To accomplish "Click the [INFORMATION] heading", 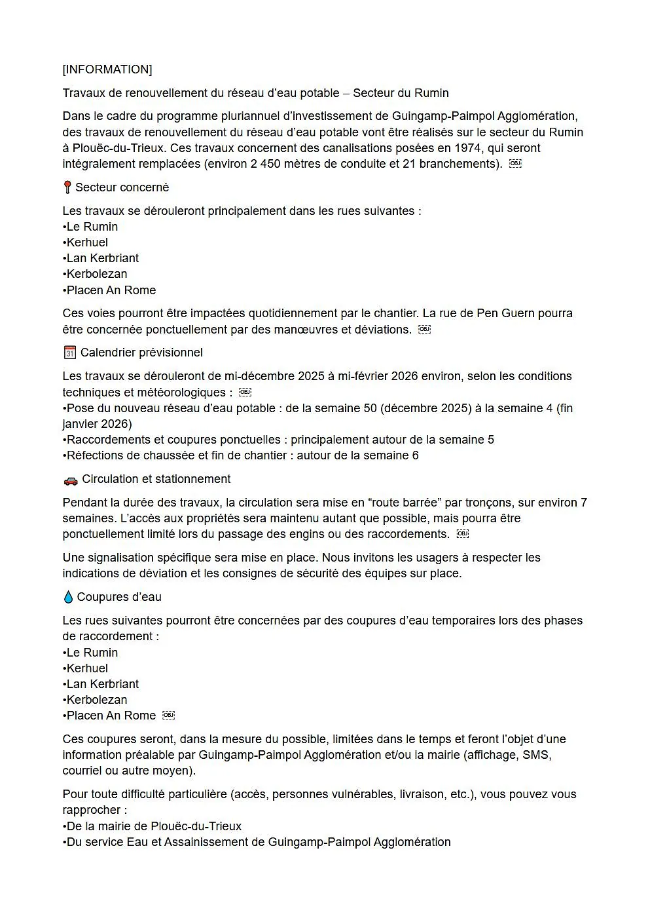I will pos(107,69).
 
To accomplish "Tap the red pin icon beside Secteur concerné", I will pos(67,187).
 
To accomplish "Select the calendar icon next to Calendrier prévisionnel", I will pos(69,353).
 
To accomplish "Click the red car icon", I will pos(70,480).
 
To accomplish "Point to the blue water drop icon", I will pos(68,597).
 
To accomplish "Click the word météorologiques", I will pos(174,393).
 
